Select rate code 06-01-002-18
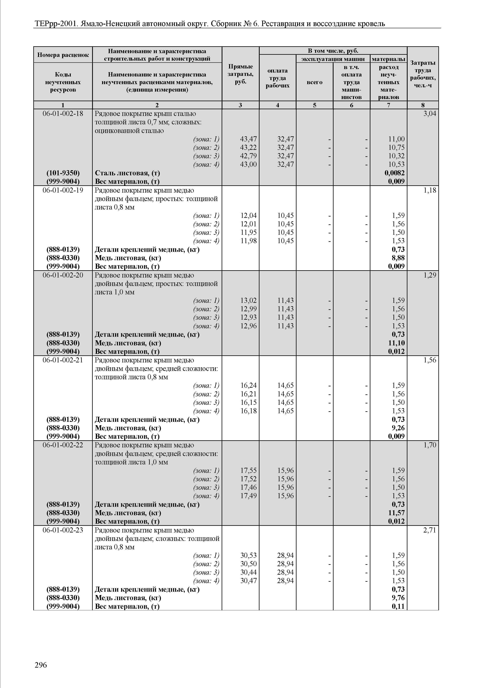point(63,114)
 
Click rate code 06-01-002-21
point(63,360)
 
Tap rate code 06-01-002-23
point(63,530)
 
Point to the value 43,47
point(248,139)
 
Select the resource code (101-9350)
point(63,173)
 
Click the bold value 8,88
point(398,258)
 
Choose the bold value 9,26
point(398,428)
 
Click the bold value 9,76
point(398,598)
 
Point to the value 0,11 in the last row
point(398,606)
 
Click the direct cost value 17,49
point(248,496)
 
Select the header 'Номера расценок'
point(63,55)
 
